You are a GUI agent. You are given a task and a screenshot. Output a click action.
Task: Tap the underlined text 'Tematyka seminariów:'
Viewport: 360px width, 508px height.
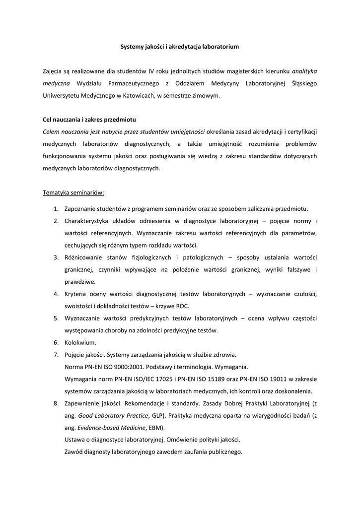(x=73, y=192)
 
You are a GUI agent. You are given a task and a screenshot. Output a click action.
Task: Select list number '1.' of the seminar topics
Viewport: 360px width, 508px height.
(x=57, y=208)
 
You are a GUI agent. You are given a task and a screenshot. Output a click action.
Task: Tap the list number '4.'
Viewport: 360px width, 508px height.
(x=57, y=294)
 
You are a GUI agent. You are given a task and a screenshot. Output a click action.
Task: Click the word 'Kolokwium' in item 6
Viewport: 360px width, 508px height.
(x=80, y=343)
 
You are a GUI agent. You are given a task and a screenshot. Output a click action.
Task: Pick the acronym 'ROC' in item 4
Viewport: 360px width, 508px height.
(x=181, y=306)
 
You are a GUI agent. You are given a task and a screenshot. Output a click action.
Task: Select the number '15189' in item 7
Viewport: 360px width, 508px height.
(x=228, y=379)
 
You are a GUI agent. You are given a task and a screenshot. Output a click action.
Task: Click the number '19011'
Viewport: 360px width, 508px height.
(x=285, y=379)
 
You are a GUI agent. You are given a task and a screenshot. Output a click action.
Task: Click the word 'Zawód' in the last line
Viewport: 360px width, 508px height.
(x=74, y=452)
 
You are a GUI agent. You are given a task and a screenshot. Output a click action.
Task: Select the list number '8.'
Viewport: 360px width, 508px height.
(x=57, y=403)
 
